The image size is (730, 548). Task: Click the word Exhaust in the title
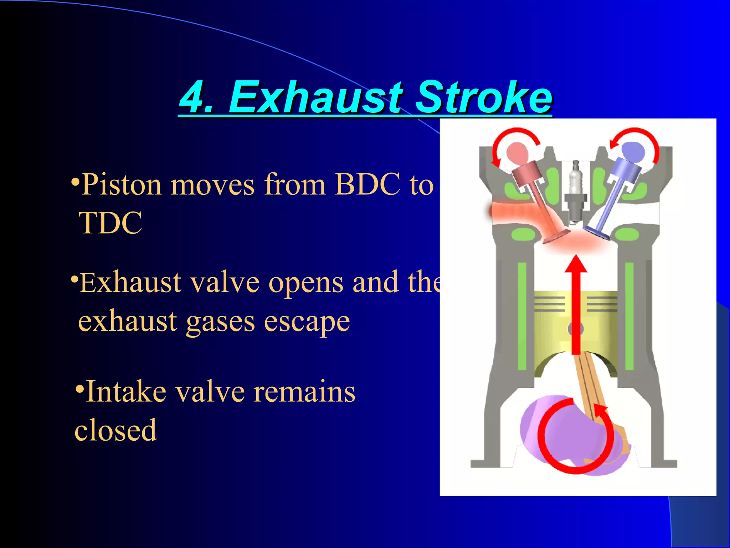pyautogui.click(x=315, y=97)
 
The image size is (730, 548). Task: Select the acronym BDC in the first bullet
pyautogui.click(x=367, y=185)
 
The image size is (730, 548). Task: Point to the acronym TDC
pyautogui.click(x=110, y=223)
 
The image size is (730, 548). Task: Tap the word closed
pyautogui.click(x=115, y=430)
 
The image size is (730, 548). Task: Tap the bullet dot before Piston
pyautogui.click(x=75, y=181)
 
